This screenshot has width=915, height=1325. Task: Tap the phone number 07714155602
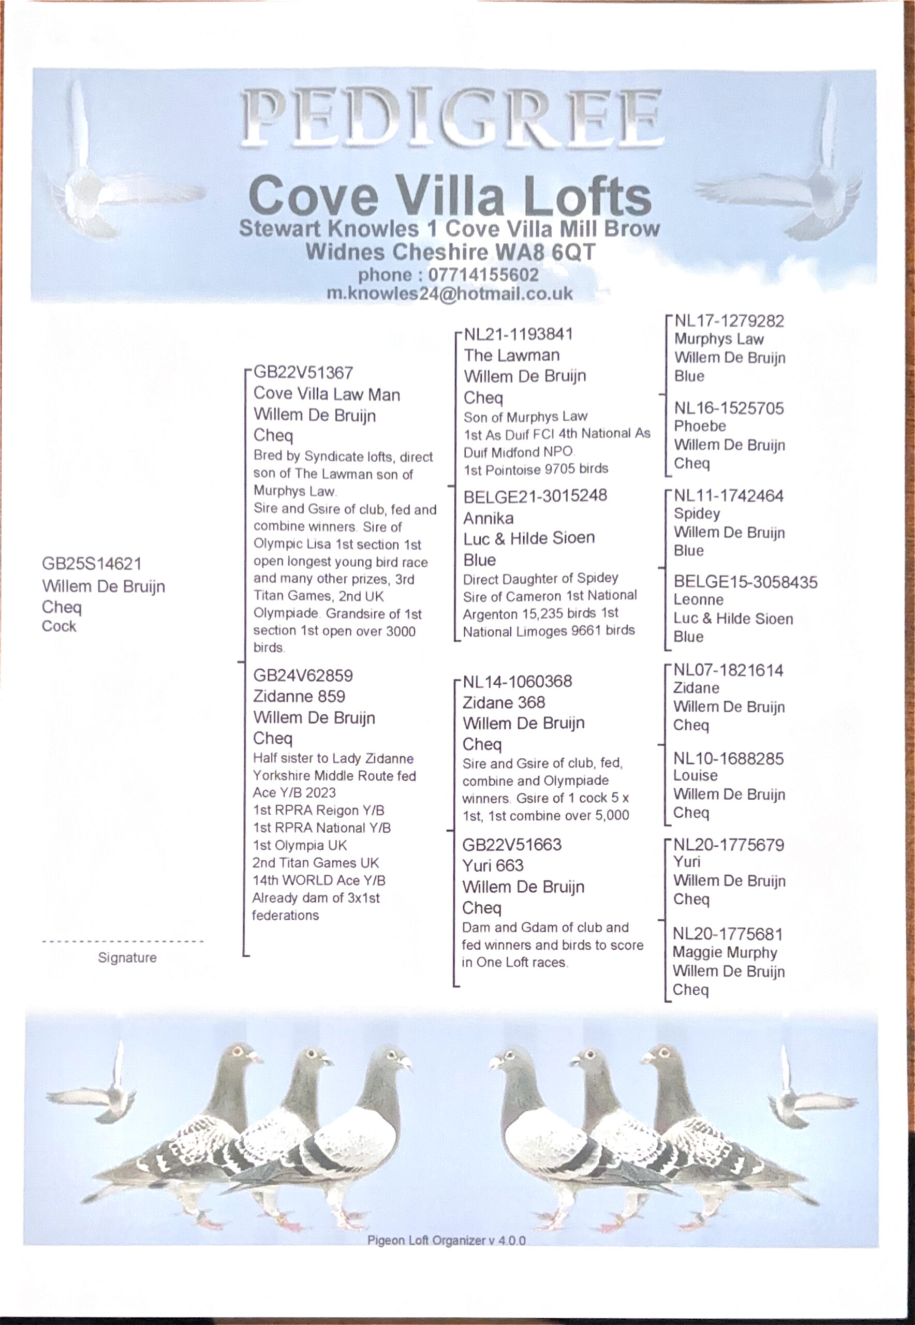pyautogui.click(x=483, y=275)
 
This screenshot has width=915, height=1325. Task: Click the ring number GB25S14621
pyautogui.click(x=92, y=564)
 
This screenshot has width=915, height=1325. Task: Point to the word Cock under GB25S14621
pyautogui.click(x=58, y=626)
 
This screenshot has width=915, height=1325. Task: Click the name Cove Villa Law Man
pyautogui.click(x=326, y=394)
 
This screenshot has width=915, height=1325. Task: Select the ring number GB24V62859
pyautogui.click(x=303, y=675)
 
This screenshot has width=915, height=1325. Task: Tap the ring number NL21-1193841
pyautogui.click(x=518, y=334)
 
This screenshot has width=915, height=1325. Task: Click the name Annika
pyautogui.click(x=488, y=518)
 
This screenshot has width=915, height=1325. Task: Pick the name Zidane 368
pyautogui.click(x=504, y=702)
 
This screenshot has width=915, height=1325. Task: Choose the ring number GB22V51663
pyautogui.click(x=512, y=845)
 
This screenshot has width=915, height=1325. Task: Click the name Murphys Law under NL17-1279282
pyautogui.click(x=718, y=339)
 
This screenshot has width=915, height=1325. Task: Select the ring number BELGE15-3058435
pyautogui.click(x=745, y=582)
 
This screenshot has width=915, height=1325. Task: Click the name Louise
pyautogui.click(x=695, y=775)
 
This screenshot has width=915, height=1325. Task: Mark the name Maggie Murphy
pyautogui.click(x=724, y=952)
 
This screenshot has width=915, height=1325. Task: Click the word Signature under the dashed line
pyautogui.click(x=127, y=958)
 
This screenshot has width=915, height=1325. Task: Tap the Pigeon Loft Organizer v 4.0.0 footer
pyautogui.click(x=446, y=1240)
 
